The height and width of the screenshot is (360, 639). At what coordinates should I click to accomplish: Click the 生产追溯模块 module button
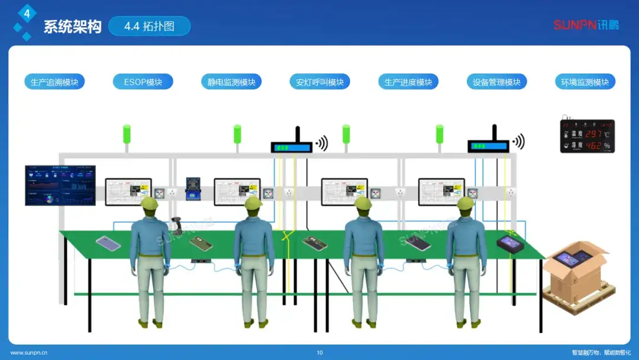(54, 82)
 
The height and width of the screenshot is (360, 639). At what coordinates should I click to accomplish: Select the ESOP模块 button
(143, 82)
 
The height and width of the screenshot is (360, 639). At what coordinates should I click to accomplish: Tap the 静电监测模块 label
(231, 82)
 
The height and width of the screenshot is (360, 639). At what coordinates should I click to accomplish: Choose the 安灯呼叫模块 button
(320, 82)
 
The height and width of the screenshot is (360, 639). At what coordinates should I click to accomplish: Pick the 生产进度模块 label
(408, 82)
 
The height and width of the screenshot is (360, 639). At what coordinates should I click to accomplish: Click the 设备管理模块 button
(496, 82)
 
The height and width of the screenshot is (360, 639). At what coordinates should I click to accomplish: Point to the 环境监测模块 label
(585, 82)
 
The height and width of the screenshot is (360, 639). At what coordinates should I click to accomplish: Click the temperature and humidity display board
(587, 137)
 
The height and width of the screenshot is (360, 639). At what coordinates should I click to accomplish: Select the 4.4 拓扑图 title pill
(149, 26)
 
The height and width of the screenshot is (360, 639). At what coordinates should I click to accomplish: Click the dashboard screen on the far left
(60, 185)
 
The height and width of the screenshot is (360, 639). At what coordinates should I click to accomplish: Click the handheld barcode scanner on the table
(176, 224)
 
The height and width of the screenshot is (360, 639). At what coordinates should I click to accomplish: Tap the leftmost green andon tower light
(126, 133)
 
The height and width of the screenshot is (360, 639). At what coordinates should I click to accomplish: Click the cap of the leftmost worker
(150, 204)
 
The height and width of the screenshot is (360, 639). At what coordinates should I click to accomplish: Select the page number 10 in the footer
(319, 353)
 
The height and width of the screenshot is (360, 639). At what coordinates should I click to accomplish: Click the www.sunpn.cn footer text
(29, 353)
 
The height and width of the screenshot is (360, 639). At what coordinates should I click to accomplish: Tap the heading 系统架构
(72, 27)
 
